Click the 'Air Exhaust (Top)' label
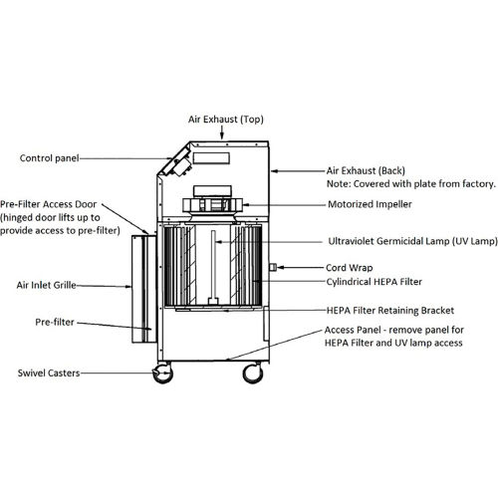pos(226,120)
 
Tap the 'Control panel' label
pos(49,158)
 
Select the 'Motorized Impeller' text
pos(370,204)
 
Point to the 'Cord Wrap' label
pos(350,268)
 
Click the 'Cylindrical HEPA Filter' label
pos(374,282)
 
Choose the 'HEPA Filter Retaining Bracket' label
pos(390,311)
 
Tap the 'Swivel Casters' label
pos(49,373)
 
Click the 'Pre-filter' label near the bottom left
pos(55,322)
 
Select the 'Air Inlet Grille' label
pos(47,285)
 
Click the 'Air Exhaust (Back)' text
pos(366,170)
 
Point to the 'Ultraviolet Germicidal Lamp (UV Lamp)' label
pos(413,241)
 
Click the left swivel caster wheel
pos(162,373)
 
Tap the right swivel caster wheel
pos(253,373)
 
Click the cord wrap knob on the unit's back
pos(273,267)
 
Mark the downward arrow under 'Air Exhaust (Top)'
pos(222,132)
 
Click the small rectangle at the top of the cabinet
pos(211,158)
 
